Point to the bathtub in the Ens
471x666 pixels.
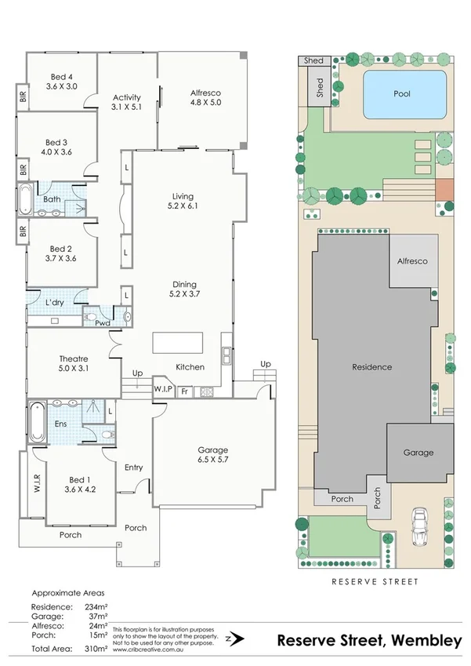36,423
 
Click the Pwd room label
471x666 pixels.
101,322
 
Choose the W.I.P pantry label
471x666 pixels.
163,389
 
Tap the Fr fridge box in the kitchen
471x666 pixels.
185,390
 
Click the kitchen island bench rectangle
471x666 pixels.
177,344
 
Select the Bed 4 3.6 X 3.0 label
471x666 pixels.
61,82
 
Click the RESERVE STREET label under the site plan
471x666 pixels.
375,581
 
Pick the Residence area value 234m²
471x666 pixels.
95,606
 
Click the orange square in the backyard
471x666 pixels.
444,189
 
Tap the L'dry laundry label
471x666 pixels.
54,302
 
